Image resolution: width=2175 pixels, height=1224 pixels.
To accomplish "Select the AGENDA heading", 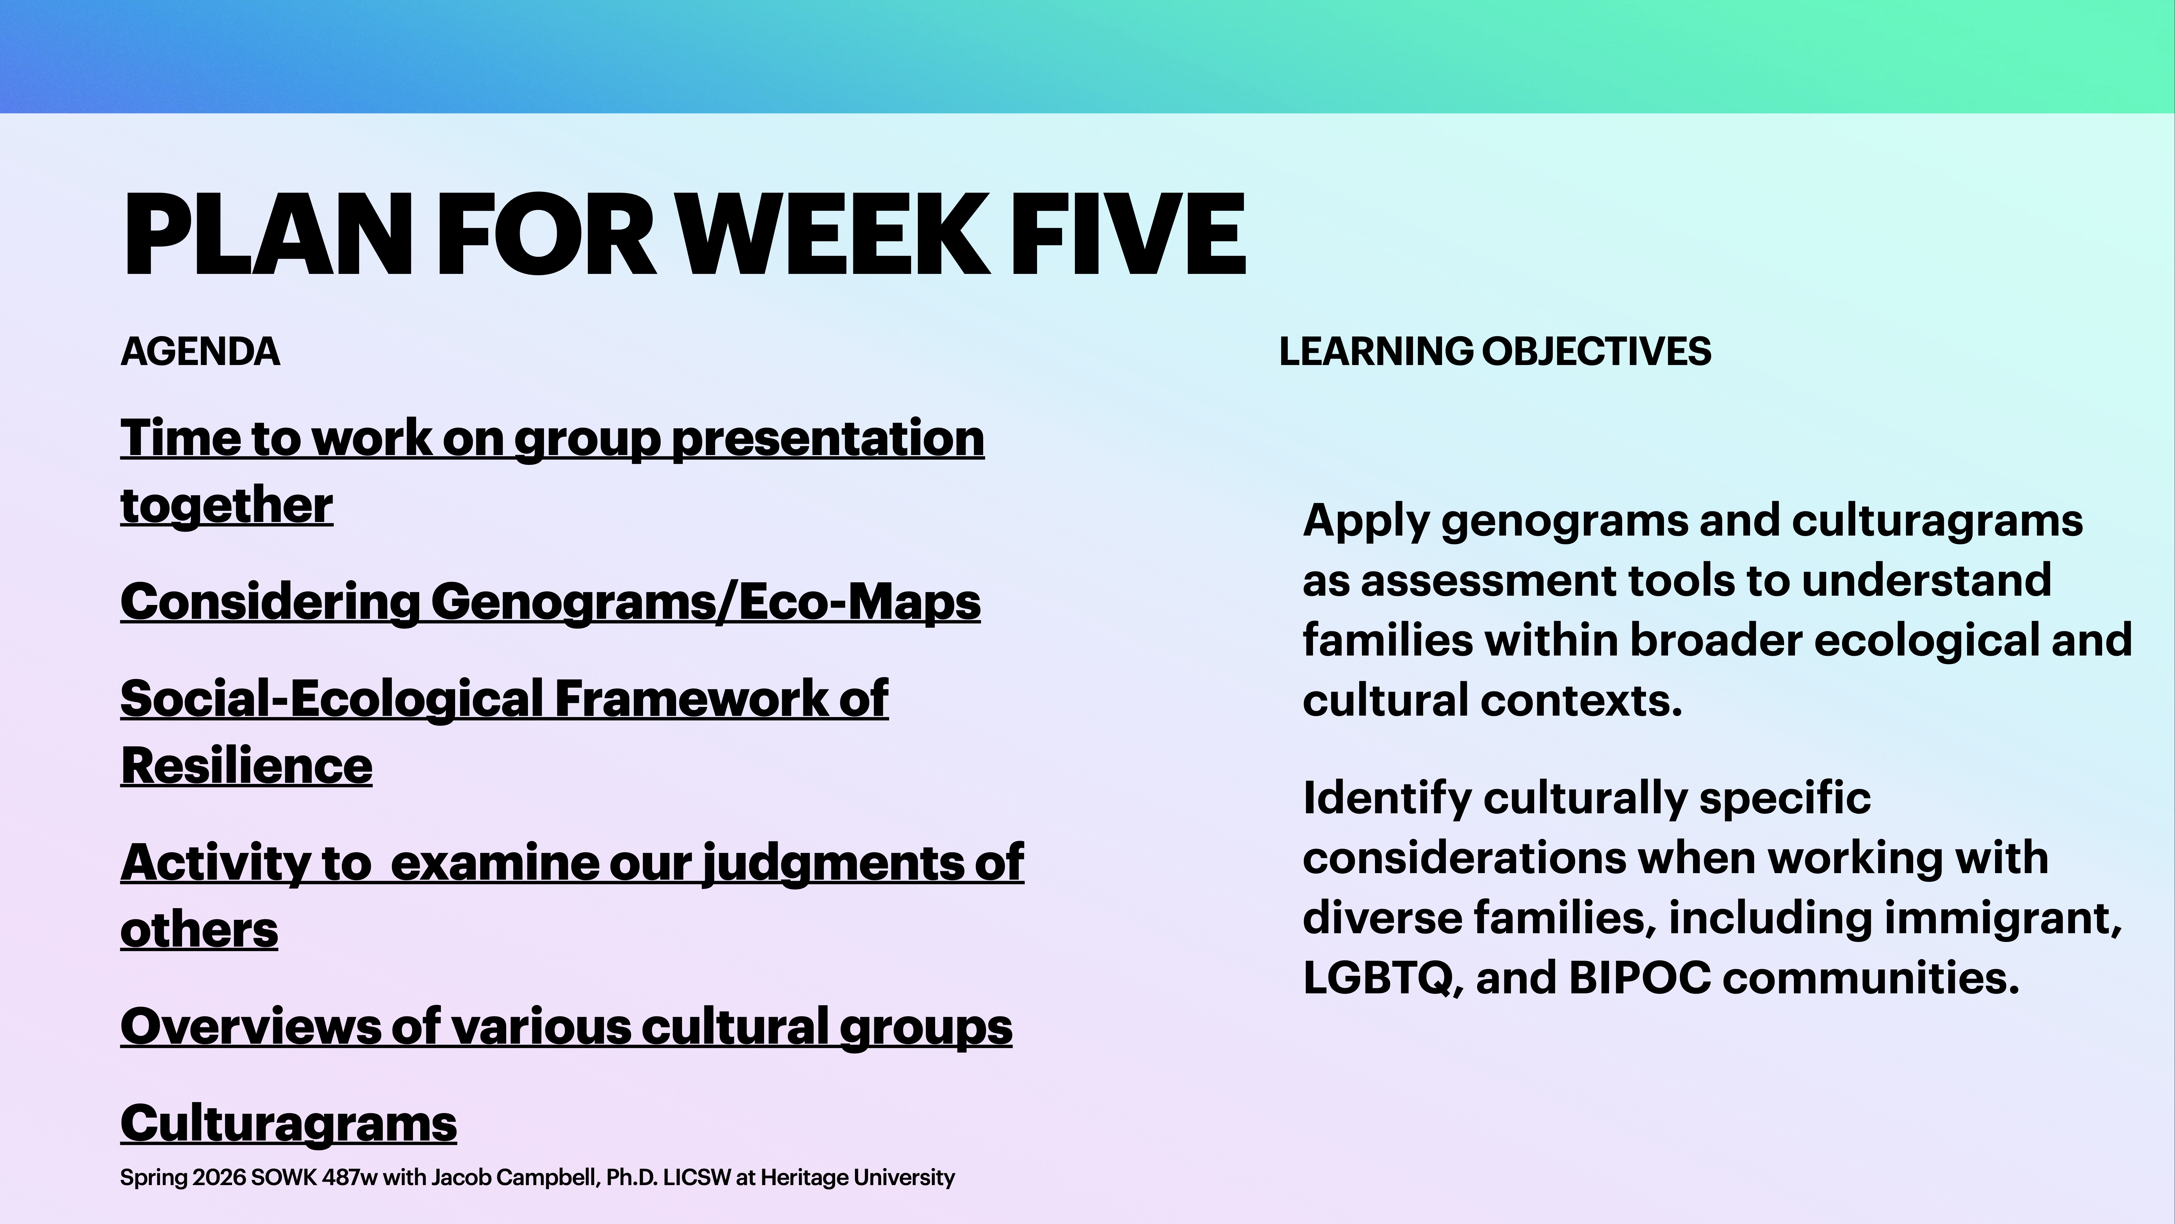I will point(200,351).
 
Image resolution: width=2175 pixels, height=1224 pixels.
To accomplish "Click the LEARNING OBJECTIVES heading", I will point(1495,351).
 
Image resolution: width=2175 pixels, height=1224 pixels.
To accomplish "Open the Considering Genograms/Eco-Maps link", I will point(550,602).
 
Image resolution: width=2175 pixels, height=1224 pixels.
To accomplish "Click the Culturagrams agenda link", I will point(288,1123).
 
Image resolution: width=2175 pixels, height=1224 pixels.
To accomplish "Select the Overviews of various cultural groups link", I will point(566,1027).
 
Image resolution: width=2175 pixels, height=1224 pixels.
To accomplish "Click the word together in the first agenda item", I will point(226,505).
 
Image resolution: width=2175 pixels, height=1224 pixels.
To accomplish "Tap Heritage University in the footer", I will point(857,1177).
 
